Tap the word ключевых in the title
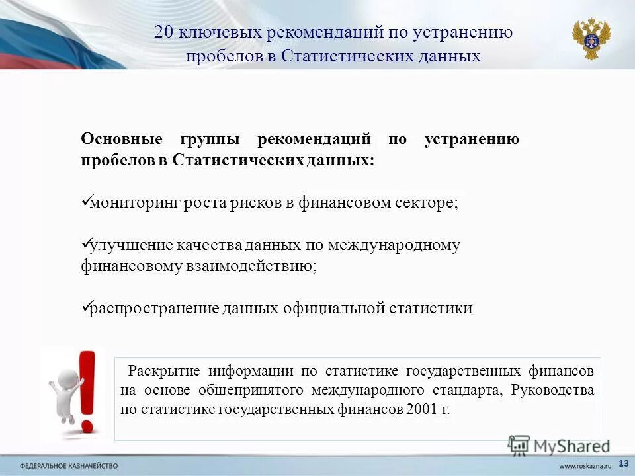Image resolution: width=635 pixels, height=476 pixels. click(212, 33)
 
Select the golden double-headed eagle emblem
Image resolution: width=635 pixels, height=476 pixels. click(591, 39)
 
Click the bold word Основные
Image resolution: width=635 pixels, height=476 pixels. click(122, 140)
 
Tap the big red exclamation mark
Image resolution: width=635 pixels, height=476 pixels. click(87, 390)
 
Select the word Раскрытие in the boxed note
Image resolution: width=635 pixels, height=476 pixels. click(164, 370)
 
